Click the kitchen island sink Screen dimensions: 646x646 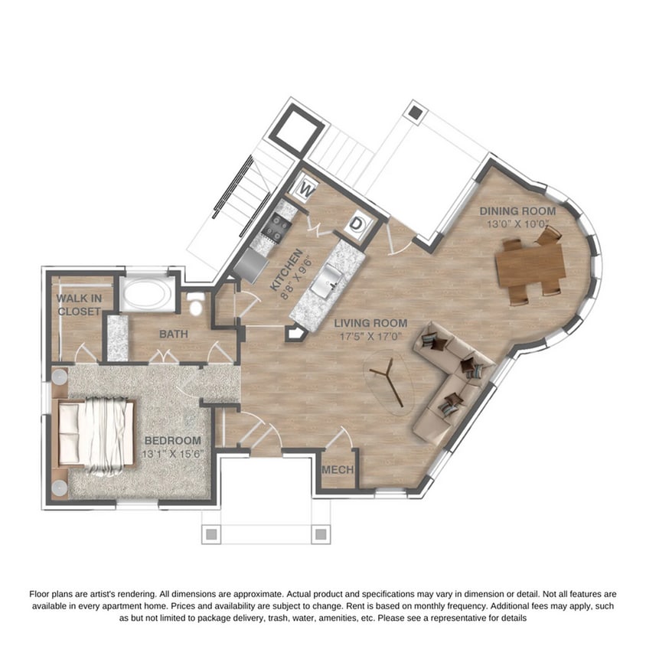(331, 275)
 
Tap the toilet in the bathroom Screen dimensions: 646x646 (195, 306)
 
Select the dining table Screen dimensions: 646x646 (530, 264)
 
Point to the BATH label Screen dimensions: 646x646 (175, 334)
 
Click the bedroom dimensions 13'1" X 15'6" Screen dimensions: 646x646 (172, 454)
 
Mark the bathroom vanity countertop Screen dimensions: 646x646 (117, 336)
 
